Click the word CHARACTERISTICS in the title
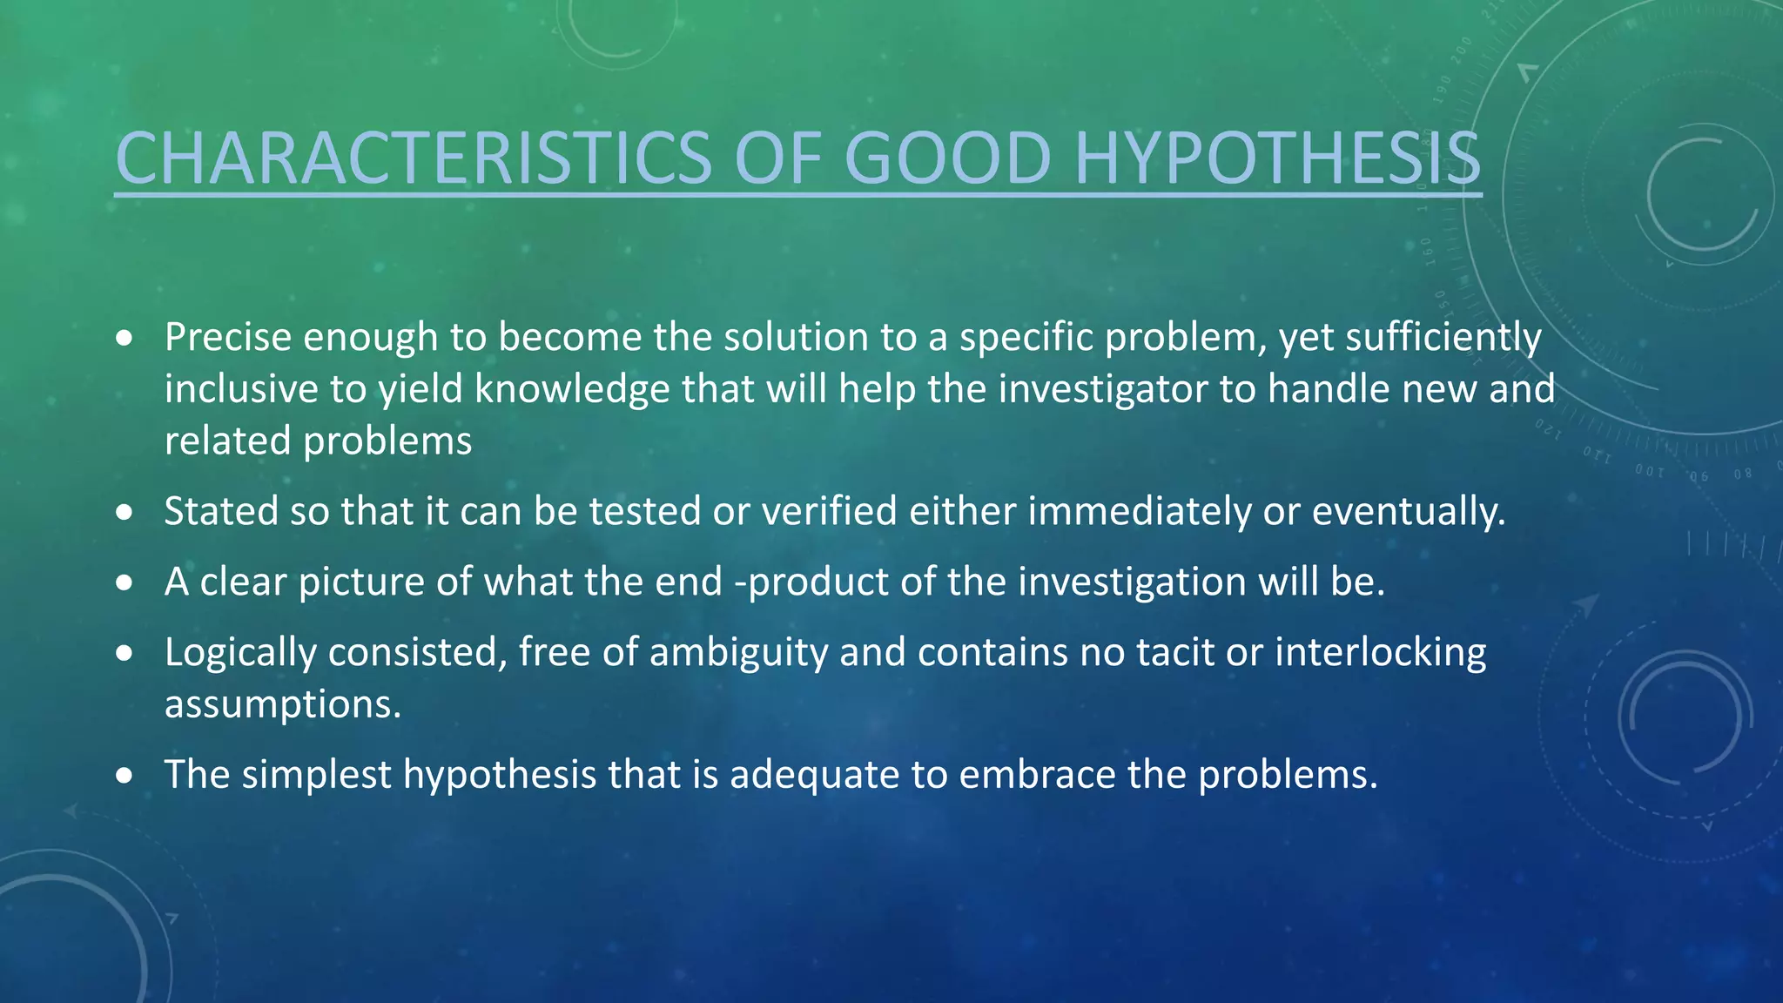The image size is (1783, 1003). pyautogui.click(x=414, y=158)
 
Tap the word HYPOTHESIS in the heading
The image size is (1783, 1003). pyautogui.click(x=1277, y=158)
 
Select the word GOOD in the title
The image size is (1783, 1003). pyautogui.click(x=949, y=158)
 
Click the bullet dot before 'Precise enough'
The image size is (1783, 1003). pyautogui.click(x=124, y=338)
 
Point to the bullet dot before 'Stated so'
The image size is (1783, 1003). pyautogui.click(x=124, y=512)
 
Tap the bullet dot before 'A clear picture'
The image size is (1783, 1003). pyautogui.click(x=124, y=582)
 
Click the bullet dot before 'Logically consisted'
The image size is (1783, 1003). pyautogui.click(x=124, y=653)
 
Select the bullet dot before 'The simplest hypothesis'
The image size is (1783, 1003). pyautogui.click(x=124, y=775)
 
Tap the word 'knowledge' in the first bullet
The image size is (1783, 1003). pyautogui.click(x=572, y=389)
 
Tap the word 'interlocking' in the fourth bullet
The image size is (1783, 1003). pyautogui.click(x=1381, y=653)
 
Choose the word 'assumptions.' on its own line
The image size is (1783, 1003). pyautogui.click(x=283, y=704)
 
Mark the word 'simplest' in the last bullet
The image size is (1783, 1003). pyautogui.click(x=316, y=776)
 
